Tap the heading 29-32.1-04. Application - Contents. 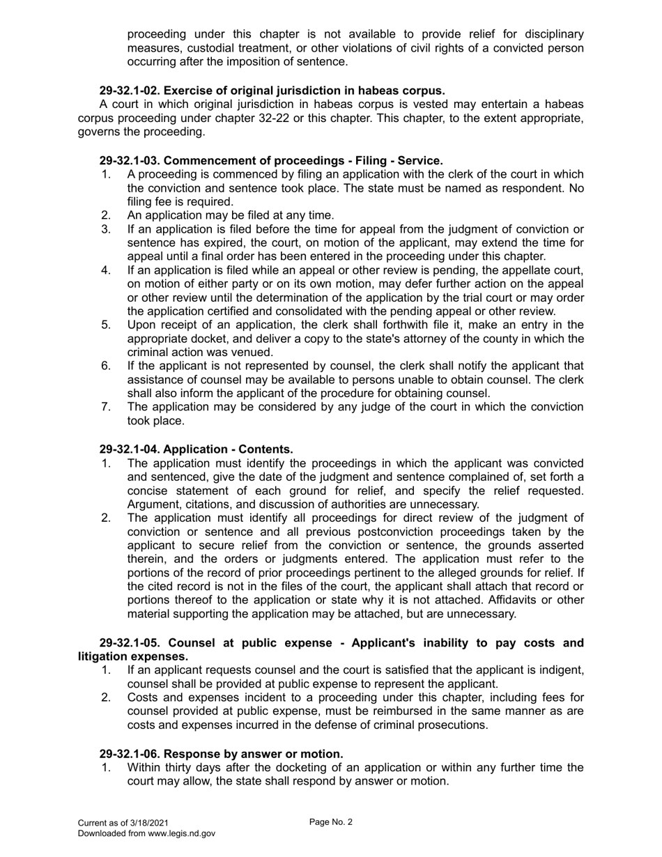coord(196,449)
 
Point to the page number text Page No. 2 coord(331,822)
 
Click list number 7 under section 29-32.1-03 coord(106,407)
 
